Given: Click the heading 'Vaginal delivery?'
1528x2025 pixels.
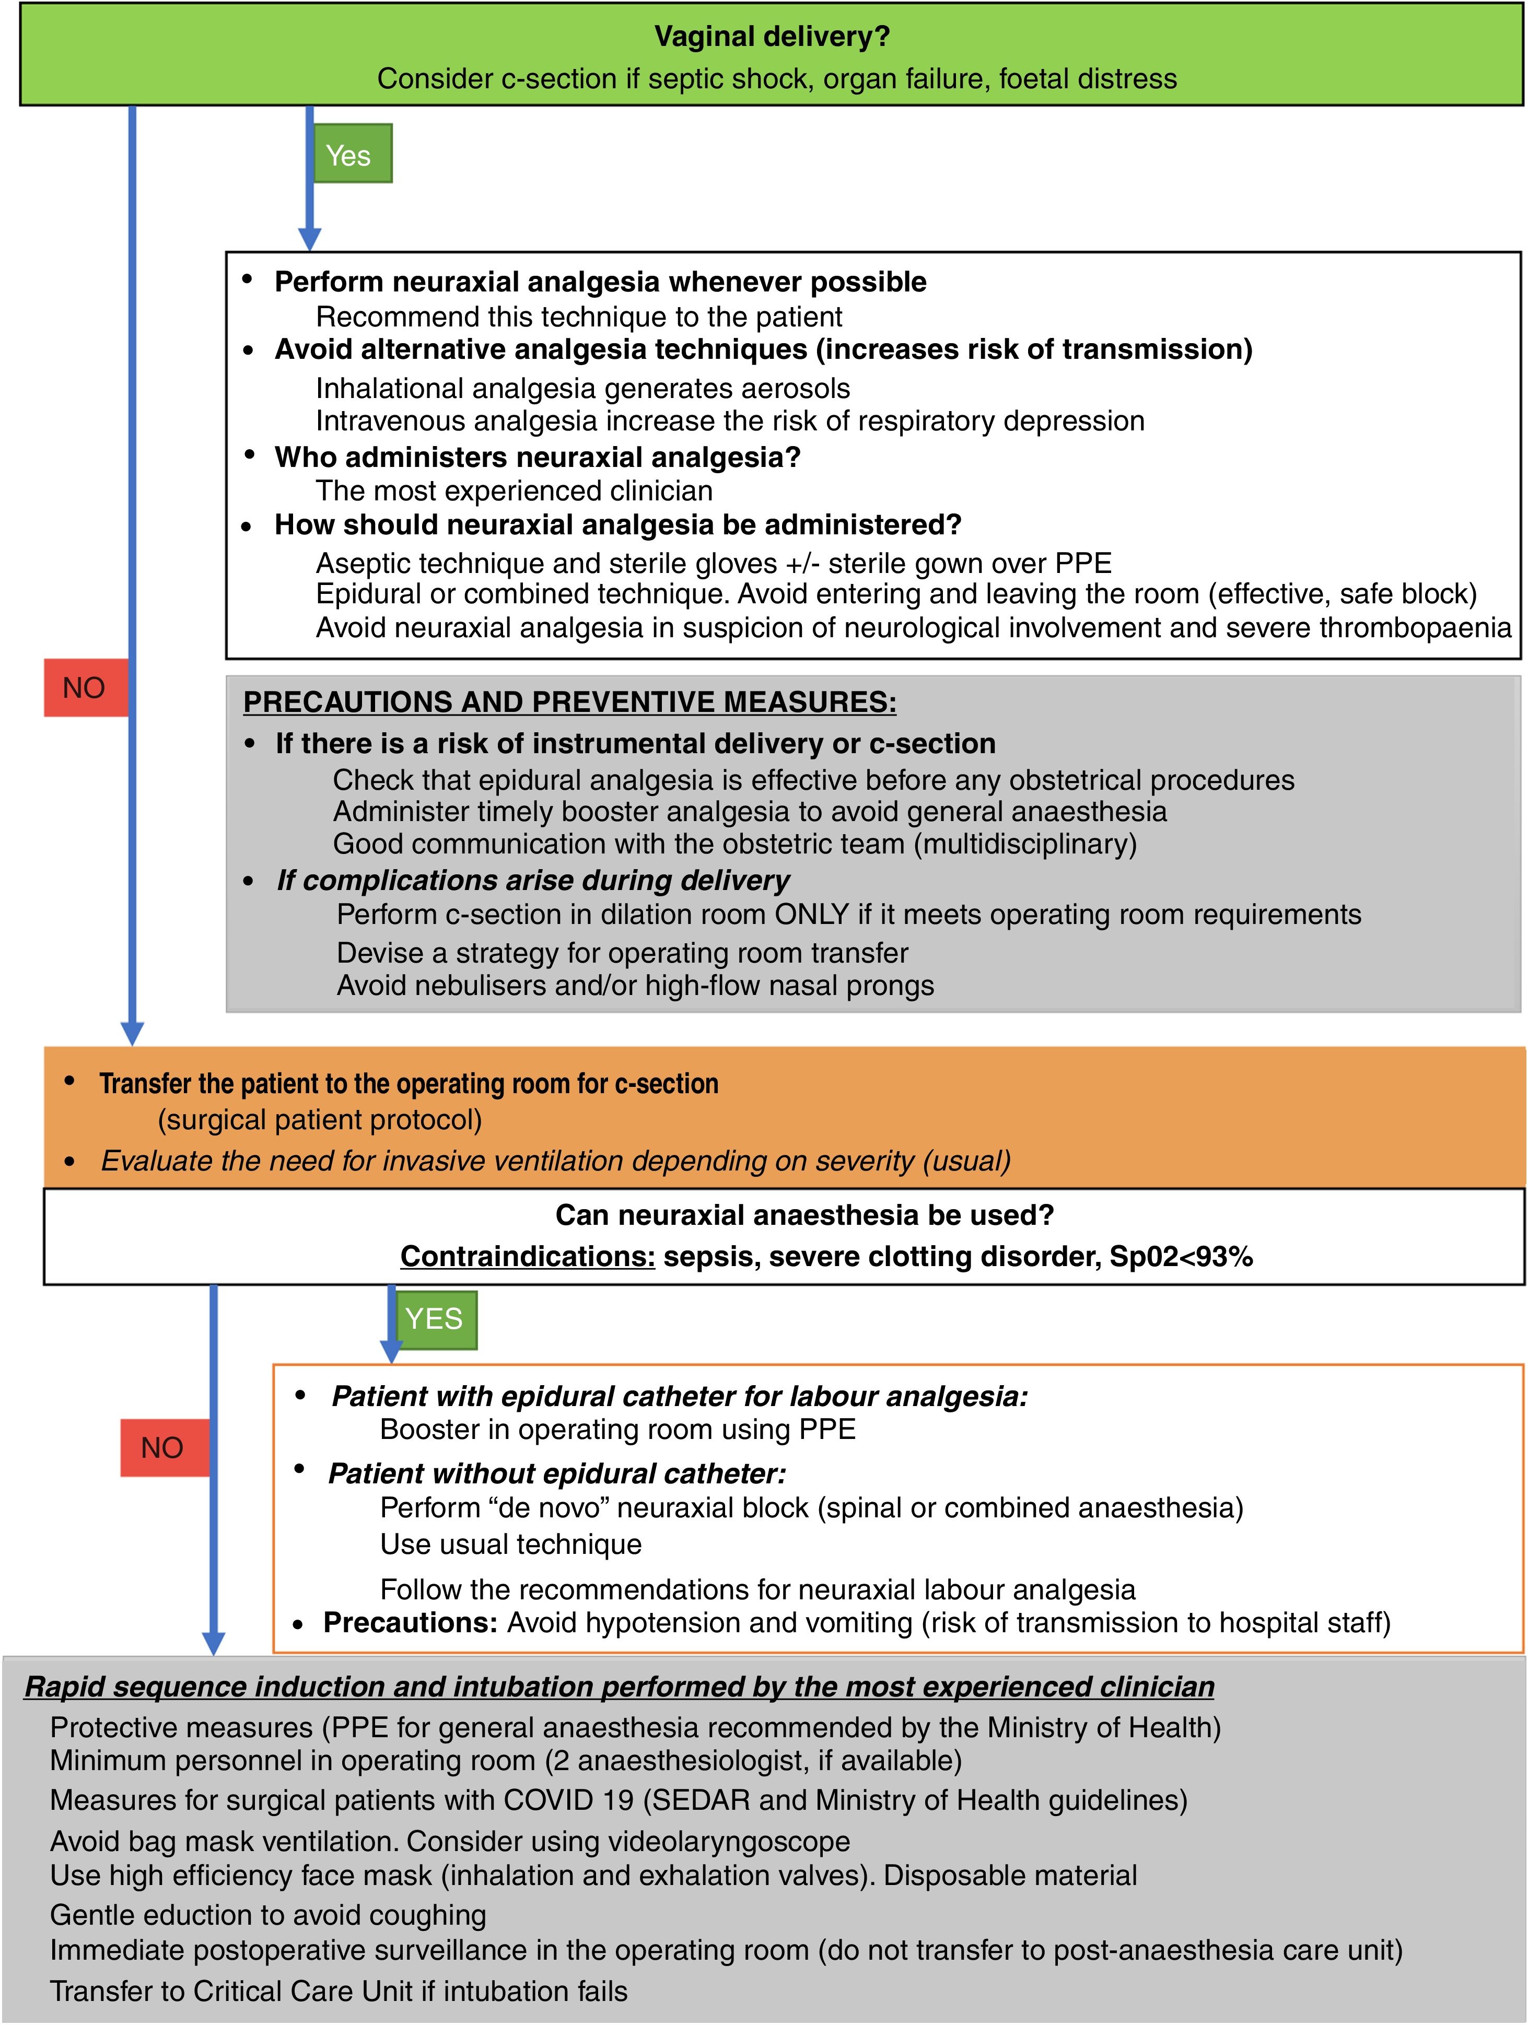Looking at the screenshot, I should tap(771, 37).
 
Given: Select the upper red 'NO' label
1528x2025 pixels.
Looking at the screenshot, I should tap(84, 687).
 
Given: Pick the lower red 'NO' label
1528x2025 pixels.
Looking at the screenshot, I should tap(162, 1447).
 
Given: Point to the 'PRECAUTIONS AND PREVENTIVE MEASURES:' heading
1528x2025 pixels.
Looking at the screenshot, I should tap(569, 702).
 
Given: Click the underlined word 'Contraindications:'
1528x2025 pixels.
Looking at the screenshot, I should tap(527, 1256).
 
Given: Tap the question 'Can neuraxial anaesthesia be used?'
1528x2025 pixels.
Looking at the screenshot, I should tap(804, 1215).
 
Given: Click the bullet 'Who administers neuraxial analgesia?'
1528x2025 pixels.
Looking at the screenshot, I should tap(538, 457).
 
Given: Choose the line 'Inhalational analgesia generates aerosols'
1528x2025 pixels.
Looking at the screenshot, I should tap(582, 388).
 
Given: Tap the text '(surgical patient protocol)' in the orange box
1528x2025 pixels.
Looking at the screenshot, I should tap(320, 1120).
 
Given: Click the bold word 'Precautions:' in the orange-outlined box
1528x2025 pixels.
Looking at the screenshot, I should tap(410, 1622).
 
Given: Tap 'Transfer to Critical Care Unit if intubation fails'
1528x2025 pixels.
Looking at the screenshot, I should tap(339, 1991).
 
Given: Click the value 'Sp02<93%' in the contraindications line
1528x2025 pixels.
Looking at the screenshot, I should tap(1181, 1256).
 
